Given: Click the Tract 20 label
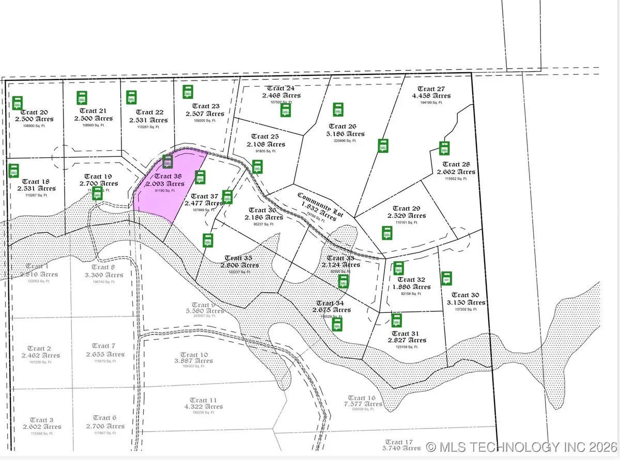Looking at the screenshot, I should tap(36, 113).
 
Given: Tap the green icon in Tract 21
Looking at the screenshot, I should tap(81, 98).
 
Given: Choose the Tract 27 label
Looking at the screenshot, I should tap(431, 89).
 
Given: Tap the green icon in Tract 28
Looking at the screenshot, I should tap(444, 148).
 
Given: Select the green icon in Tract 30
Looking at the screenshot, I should tap(447, 278).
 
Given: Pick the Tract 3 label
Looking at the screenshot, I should tap(41, 420).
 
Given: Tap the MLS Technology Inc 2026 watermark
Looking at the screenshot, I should tap(522, 446).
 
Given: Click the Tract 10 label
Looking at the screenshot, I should tap(191, 355).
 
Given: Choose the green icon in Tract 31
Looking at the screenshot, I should tap(396, 321).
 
